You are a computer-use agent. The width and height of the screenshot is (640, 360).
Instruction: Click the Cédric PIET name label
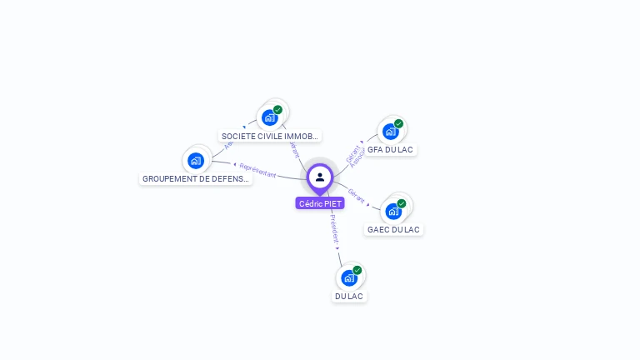320,203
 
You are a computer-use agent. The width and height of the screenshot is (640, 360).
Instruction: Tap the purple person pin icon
320,177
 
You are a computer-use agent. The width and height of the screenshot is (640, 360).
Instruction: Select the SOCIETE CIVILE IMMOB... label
270,136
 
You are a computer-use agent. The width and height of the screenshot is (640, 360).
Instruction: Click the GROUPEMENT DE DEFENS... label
196,178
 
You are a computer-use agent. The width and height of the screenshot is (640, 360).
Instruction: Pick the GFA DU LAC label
390,150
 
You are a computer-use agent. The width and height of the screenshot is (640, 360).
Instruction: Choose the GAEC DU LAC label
393,229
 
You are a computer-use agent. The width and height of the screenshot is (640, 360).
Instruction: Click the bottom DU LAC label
349,296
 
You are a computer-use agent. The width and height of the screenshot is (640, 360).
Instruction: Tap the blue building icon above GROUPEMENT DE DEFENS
196,160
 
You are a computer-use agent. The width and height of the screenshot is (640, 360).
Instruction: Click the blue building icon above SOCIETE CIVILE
269,117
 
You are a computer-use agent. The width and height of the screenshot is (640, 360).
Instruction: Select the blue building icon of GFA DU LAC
389,132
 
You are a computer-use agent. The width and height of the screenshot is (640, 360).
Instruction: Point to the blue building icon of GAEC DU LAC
393,211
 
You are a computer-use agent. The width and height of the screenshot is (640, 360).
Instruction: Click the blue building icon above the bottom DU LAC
348,277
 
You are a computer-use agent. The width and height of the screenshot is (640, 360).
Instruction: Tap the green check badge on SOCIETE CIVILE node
277,110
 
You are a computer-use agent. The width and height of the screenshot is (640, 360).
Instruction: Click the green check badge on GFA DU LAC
398,124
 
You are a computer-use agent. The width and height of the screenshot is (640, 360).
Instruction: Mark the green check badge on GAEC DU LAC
402,203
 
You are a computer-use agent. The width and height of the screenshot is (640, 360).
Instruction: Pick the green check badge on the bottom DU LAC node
357,270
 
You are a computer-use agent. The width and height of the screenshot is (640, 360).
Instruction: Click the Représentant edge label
257,170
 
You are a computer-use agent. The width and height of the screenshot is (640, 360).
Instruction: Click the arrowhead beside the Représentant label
235,164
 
